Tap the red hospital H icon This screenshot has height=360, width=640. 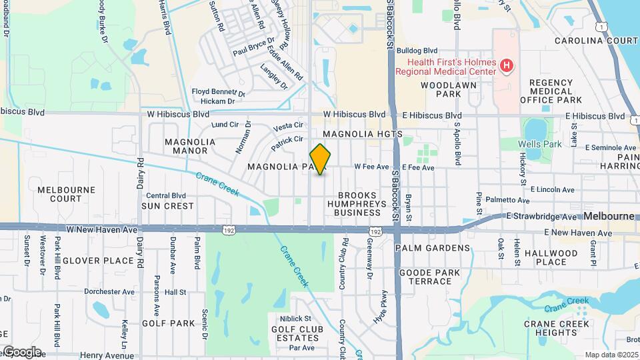coord(507,65)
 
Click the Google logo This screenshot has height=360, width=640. coord(21,352)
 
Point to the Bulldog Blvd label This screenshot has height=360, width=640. coord(417,50)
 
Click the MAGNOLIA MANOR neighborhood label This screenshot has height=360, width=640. coord(190,146)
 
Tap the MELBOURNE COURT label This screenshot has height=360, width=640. coord(67,194)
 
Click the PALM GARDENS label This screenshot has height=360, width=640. coord(433,248)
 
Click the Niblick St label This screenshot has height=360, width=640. coord(296,319)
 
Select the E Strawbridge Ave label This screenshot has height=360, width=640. coord(541,217)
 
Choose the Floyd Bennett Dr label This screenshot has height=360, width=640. coord(219,92)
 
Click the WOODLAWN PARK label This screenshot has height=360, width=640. coord(440,89)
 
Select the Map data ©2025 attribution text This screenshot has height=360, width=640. coord(611,355)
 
